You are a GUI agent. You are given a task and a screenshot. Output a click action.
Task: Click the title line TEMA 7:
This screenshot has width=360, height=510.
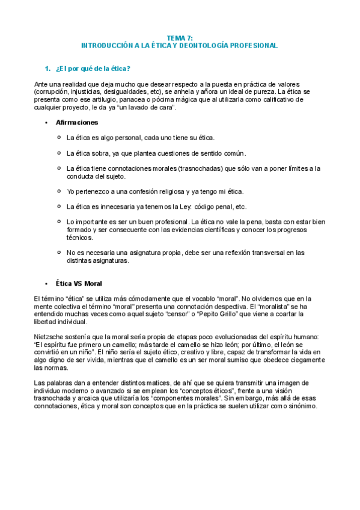[x=180, y=38]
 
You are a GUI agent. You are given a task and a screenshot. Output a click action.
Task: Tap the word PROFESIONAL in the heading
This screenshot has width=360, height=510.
[x=255, y=46]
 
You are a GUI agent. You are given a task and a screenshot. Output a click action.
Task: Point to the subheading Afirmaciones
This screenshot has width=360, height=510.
[x=77, y=123]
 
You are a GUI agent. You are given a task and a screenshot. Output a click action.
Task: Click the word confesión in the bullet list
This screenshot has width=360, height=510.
[x=144, y=191]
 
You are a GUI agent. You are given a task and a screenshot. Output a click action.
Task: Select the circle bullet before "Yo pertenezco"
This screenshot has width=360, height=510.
[x=58, y=191]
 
